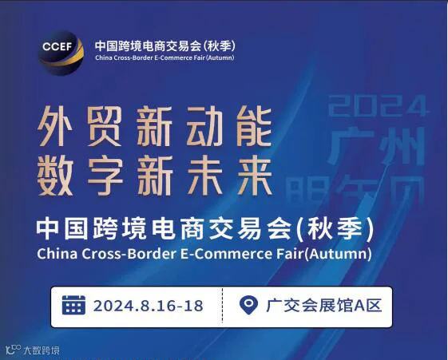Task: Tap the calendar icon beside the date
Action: pyautogui.click(x=74, y=306)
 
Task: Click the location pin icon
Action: pyautogui.click(x=249, y=306)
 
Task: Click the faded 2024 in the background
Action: pyautogui.click(x=379, y=105)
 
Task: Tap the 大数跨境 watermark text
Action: pyautogui.click(x=41, y=350)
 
